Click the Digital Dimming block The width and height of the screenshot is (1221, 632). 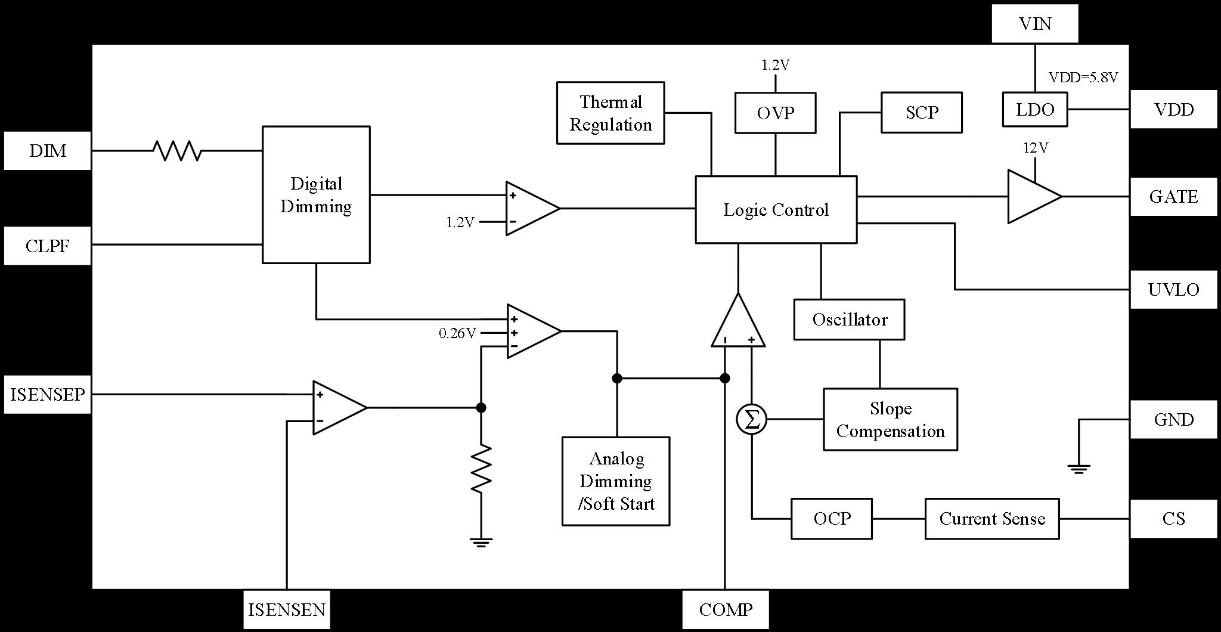point(316,194)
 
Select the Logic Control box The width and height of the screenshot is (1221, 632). point(776,209)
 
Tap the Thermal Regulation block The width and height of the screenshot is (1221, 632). point(610,113)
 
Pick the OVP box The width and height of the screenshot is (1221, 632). point(775,112)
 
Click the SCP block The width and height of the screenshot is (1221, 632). point(921,112)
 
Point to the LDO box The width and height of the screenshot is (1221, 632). point(1034,109)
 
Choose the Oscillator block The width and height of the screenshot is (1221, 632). point(849,319)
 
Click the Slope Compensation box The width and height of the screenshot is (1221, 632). point(890,419)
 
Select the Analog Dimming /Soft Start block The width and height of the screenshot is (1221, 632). point(615,481)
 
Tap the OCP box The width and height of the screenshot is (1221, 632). point(831,518)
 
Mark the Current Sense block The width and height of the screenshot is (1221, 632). point(991,518)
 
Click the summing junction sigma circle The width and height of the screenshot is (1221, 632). point(751,419)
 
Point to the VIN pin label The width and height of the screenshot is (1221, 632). point(1034,24)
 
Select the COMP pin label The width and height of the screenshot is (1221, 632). point(725,609)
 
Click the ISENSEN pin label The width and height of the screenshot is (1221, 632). point(287,609)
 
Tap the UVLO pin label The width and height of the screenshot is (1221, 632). point(1173,290)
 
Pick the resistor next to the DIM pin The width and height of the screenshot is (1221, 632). point(177,151)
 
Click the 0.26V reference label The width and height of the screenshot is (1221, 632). point(457,333)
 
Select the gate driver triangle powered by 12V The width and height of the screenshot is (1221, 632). point(1033,197)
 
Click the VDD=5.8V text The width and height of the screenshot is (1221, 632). point(1083,77)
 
